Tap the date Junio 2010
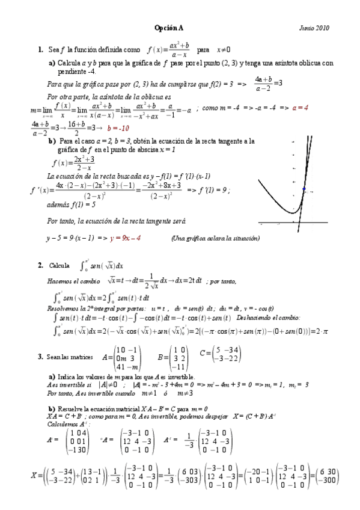coord(314,28)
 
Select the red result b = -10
coord(118,128)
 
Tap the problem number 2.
coord(40,265)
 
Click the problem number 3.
coord(40,357)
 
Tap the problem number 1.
coord(40,50)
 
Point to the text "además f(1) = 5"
coord(71,204)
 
